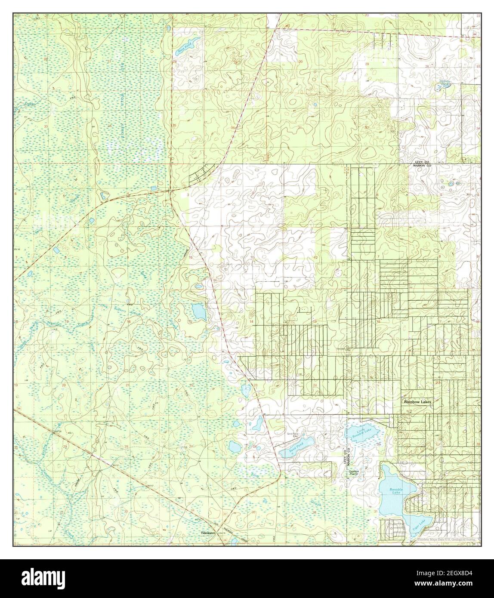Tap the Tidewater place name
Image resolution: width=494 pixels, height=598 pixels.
(209, 533)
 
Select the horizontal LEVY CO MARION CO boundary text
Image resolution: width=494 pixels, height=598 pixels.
(422, 162)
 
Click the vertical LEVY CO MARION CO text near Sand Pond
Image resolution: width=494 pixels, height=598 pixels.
(346, 455)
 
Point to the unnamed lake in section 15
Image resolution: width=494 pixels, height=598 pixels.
(199, 311)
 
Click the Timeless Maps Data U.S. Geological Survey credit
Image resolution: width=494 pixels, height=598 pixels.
(446, 539)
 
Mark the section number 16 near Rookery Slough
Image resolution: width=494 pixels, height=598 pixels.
(128, 321)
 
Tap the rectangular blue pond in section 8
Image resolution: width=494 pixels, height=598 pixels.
(56, 250)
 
